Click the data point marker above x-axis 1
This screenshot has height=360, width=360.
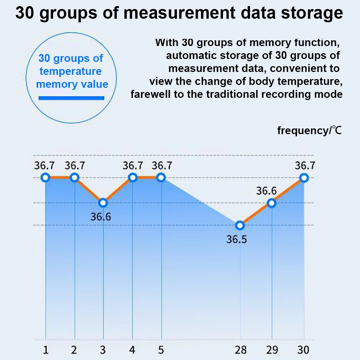click(45, 177)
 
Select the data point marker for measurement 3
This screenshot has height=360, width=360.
click(103, 203)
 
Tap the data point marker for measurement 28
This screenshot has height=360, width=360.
click(240, 225)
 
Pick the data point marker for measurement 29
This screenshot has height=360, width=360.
click(272, 203)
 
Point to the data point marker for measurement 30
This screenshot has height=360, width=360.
click(304, 177)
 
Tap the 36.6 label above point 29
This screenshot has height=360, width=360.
click(266, 191)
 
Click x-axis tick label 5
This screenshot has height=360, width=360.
click(161, 350)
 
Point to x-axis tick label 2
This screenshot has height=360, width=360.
click(74, 350)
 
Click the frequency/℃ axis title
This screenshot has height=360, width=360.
click(309, 130)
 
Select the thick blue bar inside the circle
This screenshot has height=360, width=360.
click(71, 97)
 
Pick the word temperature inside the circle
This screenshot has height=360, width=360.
click(70, 71)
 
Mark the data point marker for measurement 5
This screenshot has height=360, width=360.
click(161, 177)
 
